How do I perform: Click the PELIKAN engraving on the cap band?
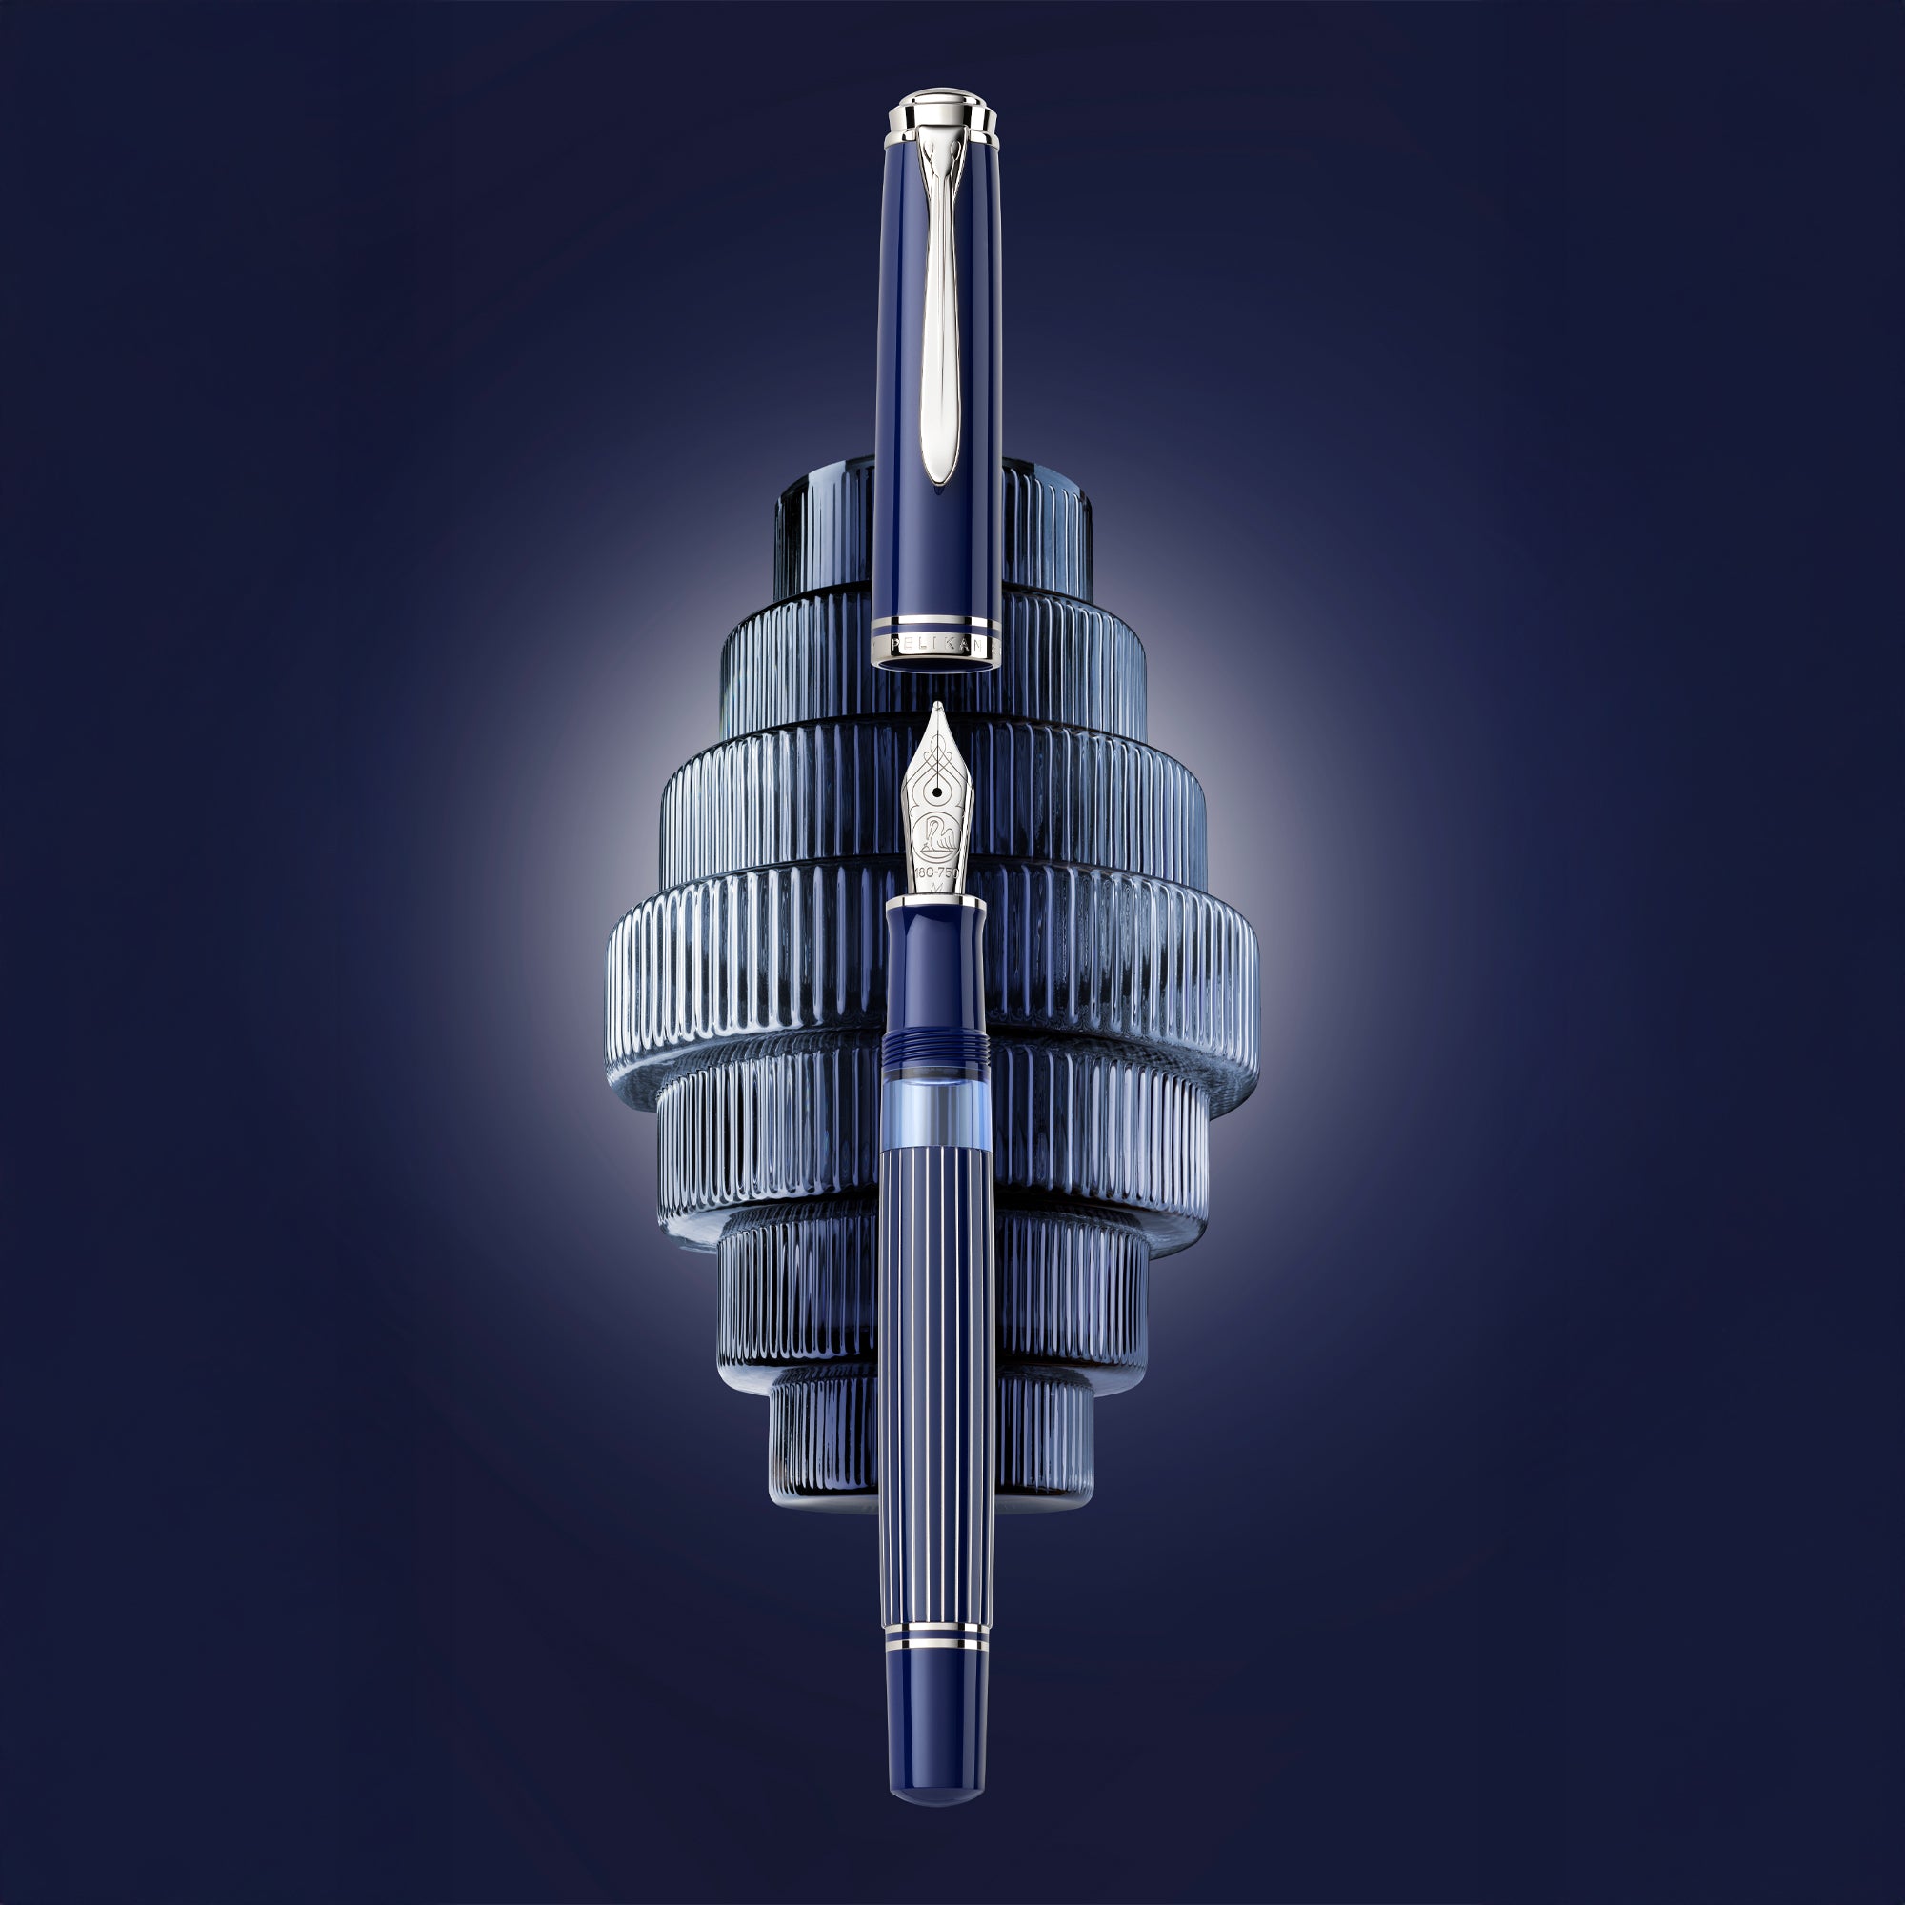point(936,644)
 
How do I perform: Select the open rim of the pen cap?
point(936,666)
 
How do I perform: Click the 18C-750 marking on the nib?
point(935,872)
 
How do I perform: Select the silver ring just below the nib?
point(934,901)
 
